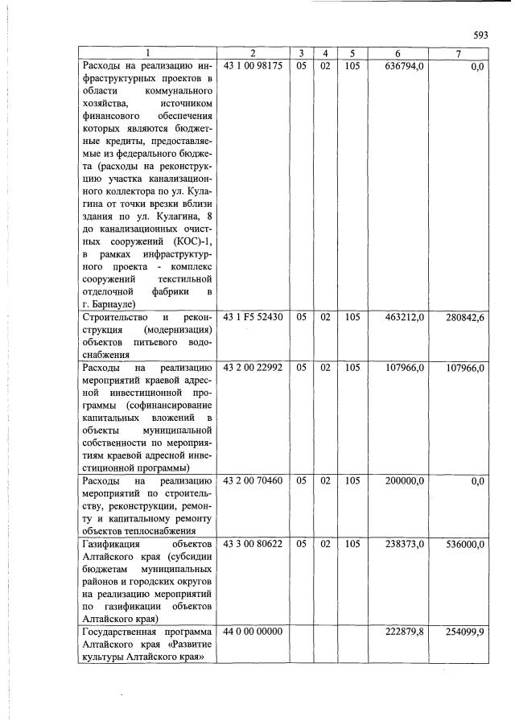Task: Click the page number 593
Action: pos(481,35)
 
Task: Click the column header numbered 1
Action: pos(146,54)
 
